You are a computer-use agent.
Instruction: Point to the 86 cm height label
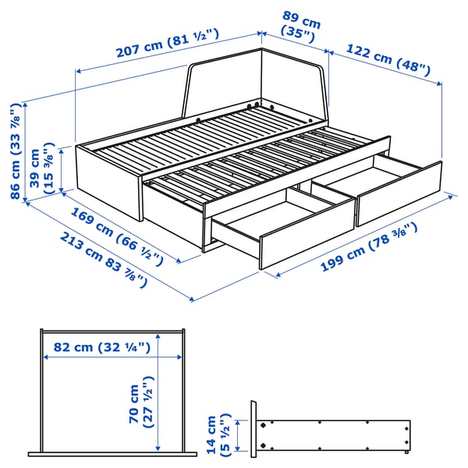16,151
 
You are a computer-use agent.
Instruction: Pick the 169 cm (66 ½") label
118,234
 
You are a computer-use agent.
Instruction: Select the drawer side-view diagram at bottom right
331,434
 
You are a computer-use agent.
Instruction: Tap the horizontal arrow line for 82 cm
101,358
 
